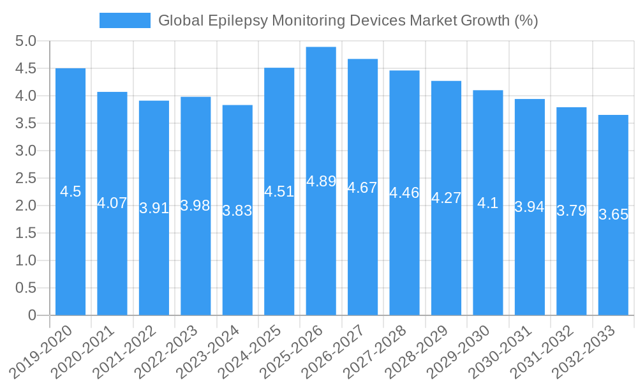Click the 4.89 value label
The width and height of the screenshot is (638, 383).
pyautogui.click(x=321, y=181)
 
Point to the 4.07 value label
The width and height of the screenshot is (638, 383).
pyautogui.click(x=112, y=204)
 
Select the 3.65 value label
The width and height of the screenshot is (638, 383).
pyautogui.click(x=613, y=214)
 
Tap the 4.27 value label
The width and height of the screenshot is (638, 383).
pyautogui.click(x=446, y=198)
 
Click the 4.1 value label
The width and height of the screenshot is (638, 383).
pyautogui.click(x=488, y=204)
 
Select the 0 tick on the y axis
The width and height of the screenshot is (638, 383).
pyautogui.click(x=32, y=315)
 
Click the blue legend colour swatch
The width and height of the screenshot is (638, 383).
pyautogui.click(x=124, y=20)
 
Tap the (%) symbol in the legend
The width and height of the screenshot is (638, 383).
pyautogui.click(x=526, y=20)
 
